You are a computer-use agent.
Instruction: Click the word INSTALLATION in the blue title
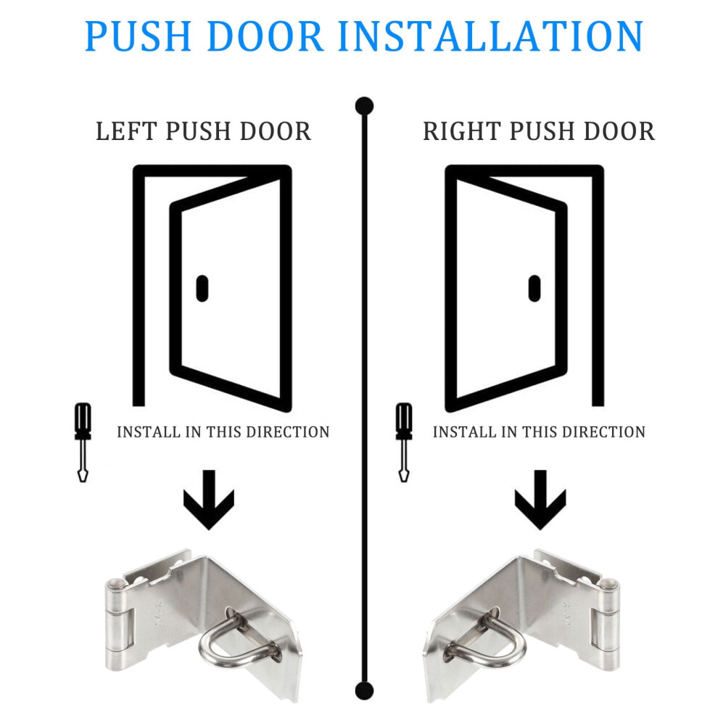click(491, 36)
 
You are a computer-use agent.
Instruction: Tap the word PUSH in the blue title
click(139, 36)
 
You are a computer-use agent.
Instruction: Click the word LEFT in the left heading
click(126, 131)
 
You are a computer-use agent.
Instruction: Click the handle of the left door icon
click(202, 289)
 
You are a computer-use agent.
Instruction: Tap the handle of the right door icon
click(535, 289)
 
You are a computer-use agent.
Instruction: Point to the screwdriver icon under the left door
click(83, 442)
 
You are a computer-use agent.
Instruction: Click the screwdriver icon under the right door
click(404, 442)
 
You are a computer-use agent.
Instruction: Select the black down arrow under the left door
click(209, 500)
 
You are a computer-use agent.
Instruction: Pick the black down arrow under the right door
click(540, 500)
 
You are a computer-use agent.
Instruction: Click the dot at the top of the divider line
click(365, 106)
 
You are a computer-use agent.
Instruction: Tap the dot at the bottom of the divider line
click(365, 690)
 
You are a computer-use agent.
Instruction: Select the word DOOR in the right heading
click(619, 131)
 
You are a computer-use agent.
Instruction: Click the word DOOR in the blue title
click(265, 36)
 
